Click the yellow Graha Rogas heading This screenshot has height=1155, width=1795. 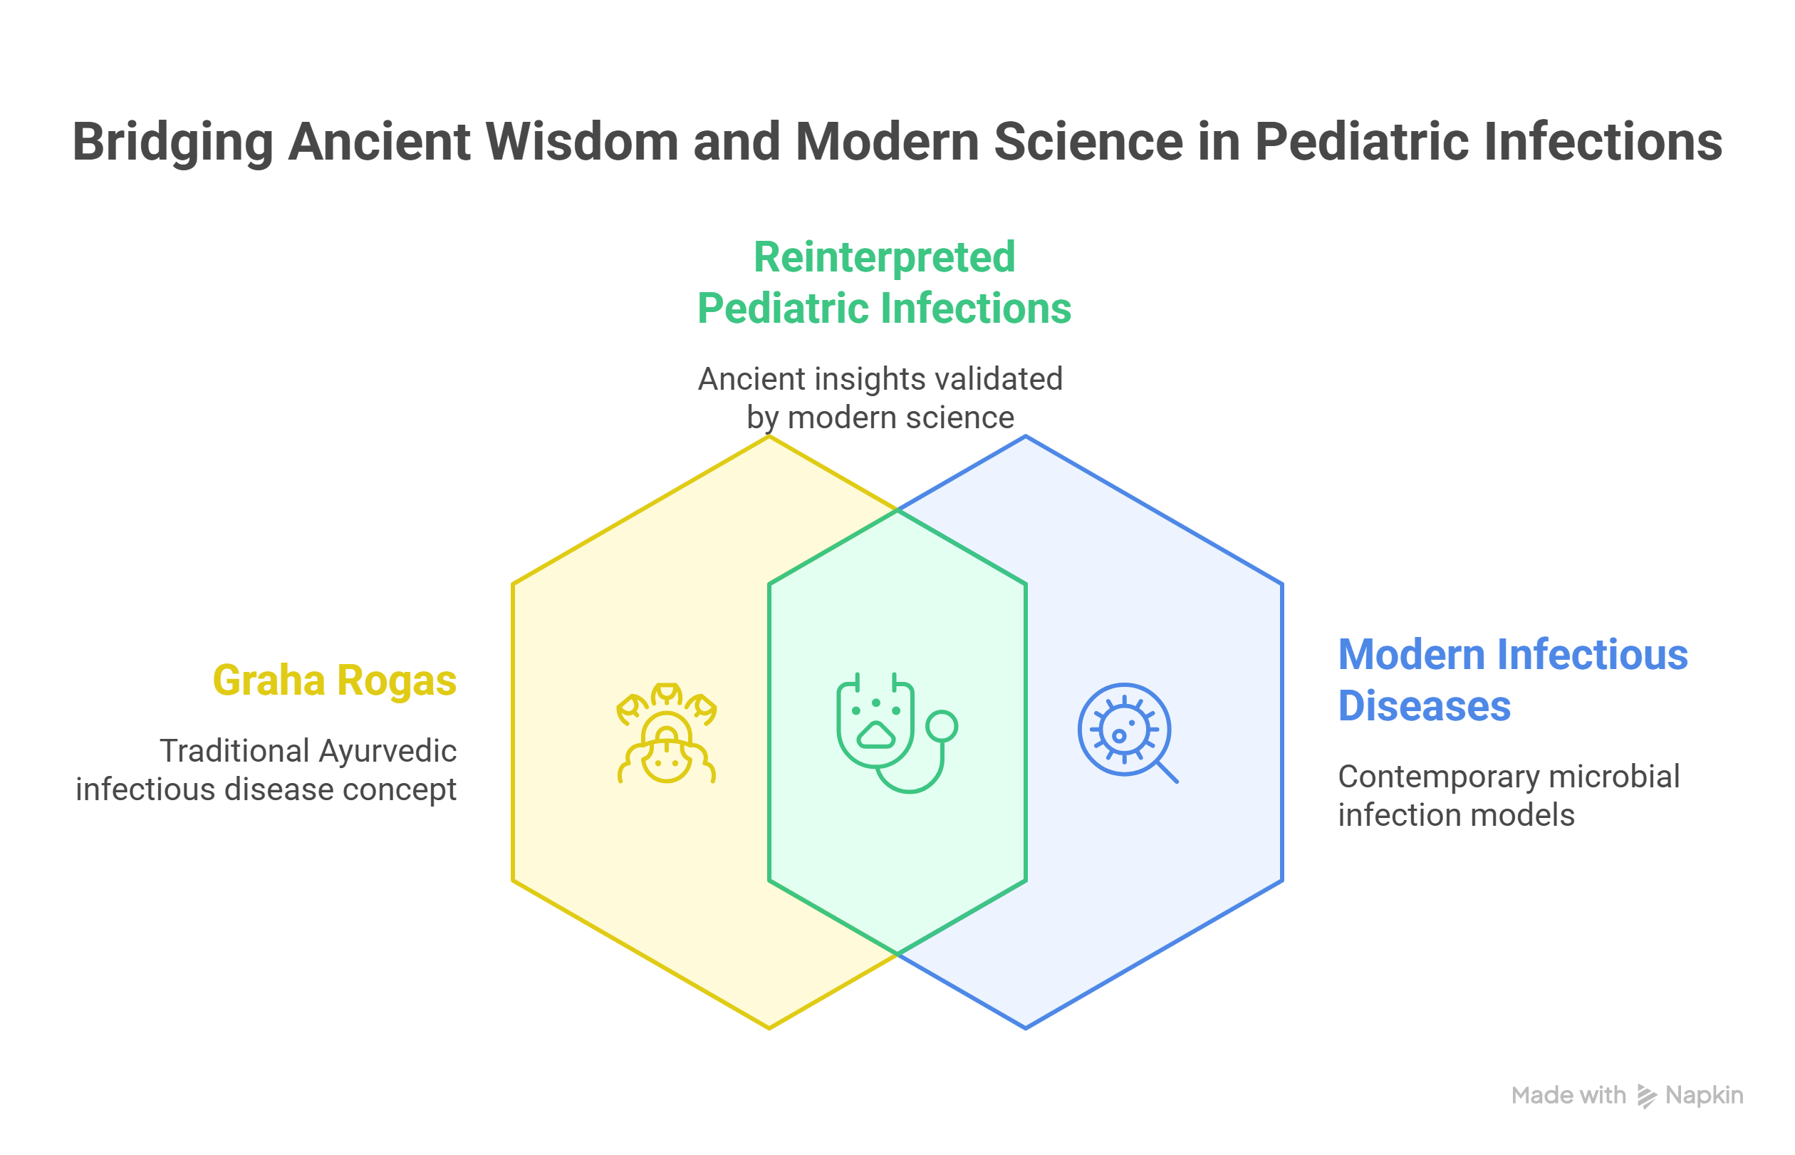pyautogui.click(x=334, y=680)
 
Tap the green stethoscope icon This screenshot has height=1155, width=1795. pyautogui.click(x=897, y=732)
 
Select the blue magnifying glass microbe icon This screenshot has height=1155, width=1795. pyautogui.click(x=1127, y=732)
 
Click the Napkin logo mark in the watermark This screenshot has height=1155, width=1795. pyautogui.click(x=1646, y=1096)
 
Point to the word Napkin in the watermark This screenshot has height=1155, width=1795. pyautogui.click(x=1704, y=1096)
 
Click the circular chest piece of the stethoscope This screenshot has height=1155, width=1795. pyautogui.click(x=941, y=726)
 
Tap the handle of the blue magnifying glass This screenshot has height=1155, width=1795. pyautogui.click(x=1167, y=772)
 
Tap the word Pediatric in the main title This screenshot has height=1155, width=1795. pyautogui.click(x=1363, y=141)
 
